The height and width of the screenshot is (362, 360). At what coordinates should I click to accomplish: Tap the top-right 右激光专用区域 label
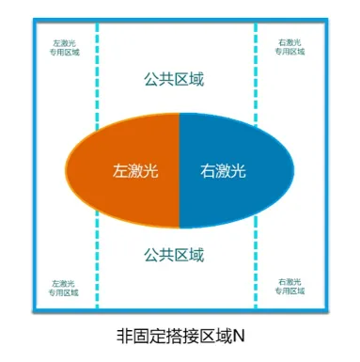click(x=290, y=47)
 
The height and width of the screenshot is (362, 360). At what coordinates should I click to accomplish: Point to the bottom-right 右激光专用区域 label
click(x=290, y=288)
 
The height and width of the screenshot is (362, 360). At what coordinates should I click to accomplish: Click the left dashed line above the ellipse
click(x=96, y=75)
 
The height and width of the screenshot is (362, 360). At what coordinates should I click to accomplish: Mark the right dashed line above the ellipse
click(x=256, y=75)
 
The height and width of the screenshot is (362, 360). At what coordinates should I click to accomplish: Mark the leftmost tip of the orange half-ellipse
click(x=67, y=170)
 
